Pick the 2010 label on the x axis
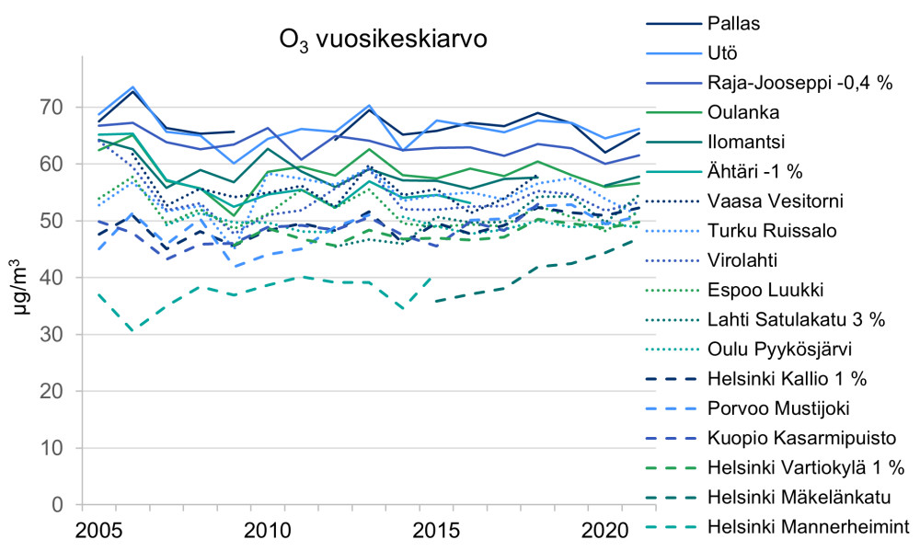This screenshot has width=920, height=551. [267, 531]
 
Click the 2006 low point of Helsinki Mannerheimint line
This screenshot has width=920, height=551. [133, 330]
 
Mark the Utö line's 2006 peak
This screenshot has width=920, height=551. [133, 87]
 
